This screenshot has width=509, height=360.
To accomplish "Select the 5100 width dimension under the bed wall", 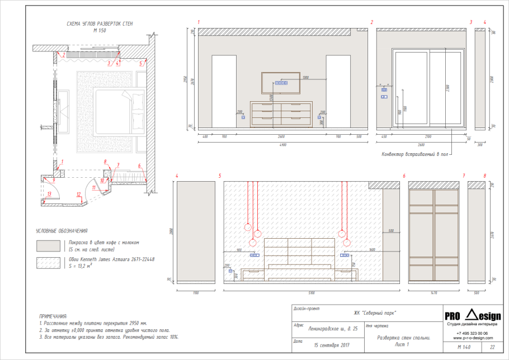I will tap(312, 292).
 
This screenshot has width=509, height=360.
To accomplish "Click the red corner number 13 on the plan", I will tap(49, 193).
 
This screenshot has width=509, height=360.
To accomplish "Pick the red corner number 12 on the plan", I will tap(79, 194).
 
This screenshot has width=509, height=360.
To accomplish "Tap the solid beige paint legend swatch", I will tap(48, 246).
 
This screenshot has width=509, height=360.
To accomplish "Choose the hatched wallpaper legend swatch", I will tap(48, 262).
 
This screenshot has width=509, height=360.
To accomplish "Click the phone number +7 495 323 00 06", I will tap(472, 333).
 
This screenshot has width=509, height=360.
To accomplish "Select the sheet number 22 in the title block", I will tap(492, 348).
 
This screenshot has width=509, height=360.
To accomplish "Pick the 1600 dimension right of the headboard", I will tap(372, 250).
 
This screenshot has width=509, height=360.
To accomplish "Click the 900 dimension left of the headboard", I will tap(239, 250).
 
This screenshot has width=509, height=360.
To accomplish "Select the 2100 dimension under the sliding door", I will tap(428, 136).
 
